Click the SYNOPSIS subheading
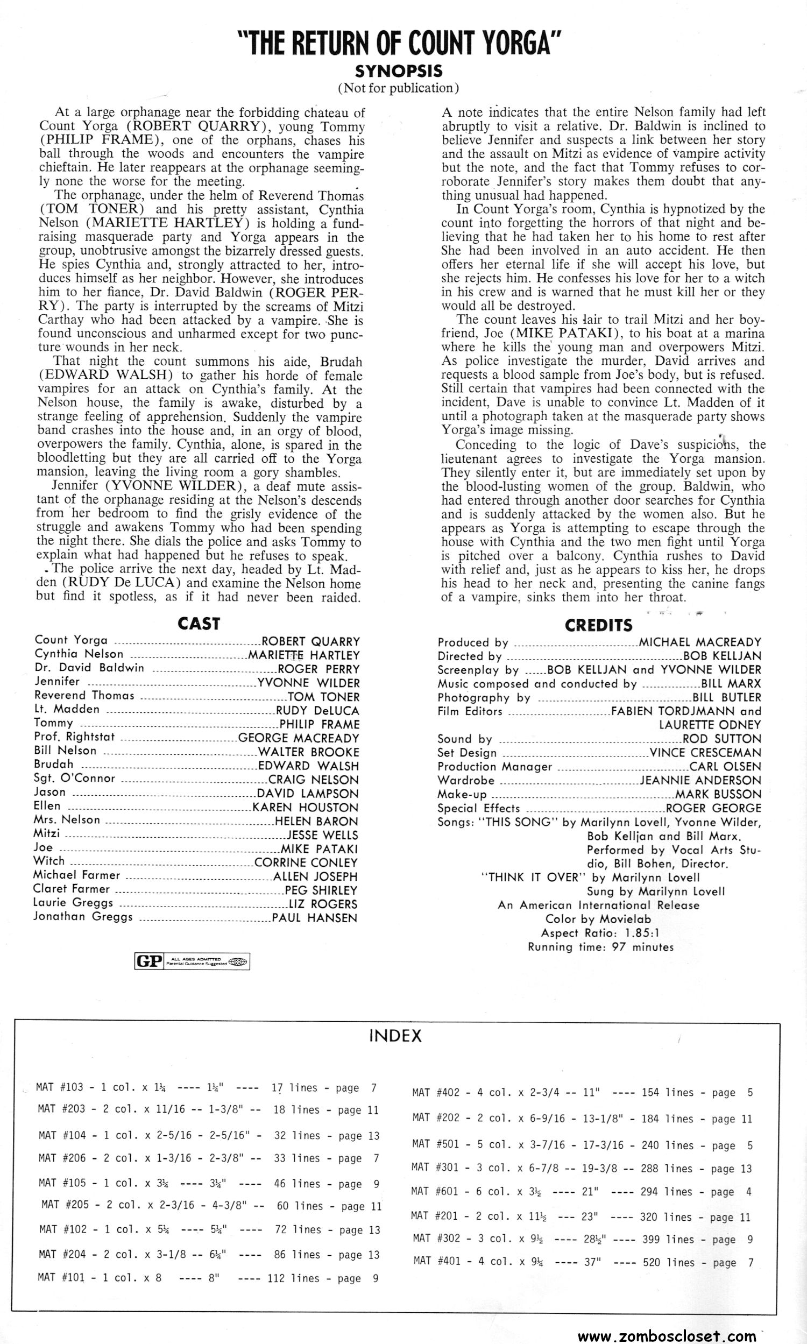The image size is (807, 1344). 399,71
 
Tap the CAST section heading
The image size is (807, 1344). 199,623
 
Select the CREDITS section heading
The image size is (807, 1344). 599,625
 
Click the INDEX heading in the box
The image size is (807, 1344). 395,1036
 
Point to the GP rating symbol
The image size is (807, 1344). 148,962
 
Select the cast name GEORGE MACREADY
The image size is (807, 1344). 299,738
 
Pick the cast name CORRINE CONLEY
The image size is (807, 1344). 306,862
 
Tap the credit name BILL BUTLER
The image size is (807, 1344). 726,697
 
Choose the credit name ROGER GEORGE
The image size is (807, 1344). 713,808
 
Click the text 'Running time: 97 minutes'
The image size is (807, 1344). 600,947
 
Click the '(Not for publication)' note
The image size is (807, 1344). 399,88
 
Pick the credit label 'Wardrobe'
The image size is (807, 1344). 466,781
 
